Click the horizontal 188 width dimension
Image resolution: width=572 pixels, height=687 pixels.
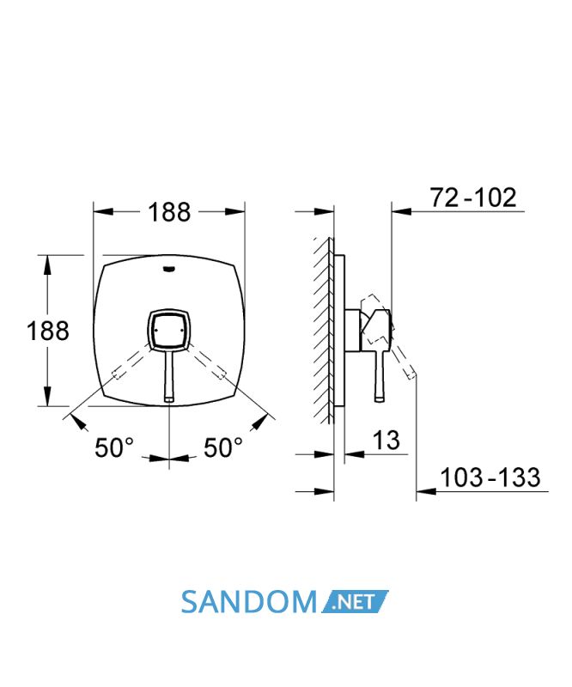click(169, 212)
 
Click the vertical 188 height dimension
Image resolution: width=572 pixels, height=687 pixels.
click(48, 331)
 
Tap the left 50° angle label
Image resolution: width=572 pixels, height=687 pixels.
click(114, 447)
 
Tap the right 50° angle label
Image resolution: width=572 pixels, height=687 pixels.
click(223, 447)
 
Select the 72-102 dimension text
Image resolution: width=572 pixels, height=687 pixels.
click(473, 198)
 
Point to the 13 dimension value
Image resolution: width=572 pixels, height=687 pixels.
click(386, 440)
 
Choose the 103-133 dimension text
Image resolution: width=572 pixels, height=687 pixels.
click(490, 477)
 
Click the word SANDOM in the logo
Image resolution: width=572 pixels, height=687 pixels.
click(248, 602)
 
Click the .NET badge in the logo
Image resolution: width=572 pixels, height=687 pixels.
click(355, 602)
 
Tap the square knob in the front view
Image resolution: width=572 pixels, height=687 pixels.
click(169, 331)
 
